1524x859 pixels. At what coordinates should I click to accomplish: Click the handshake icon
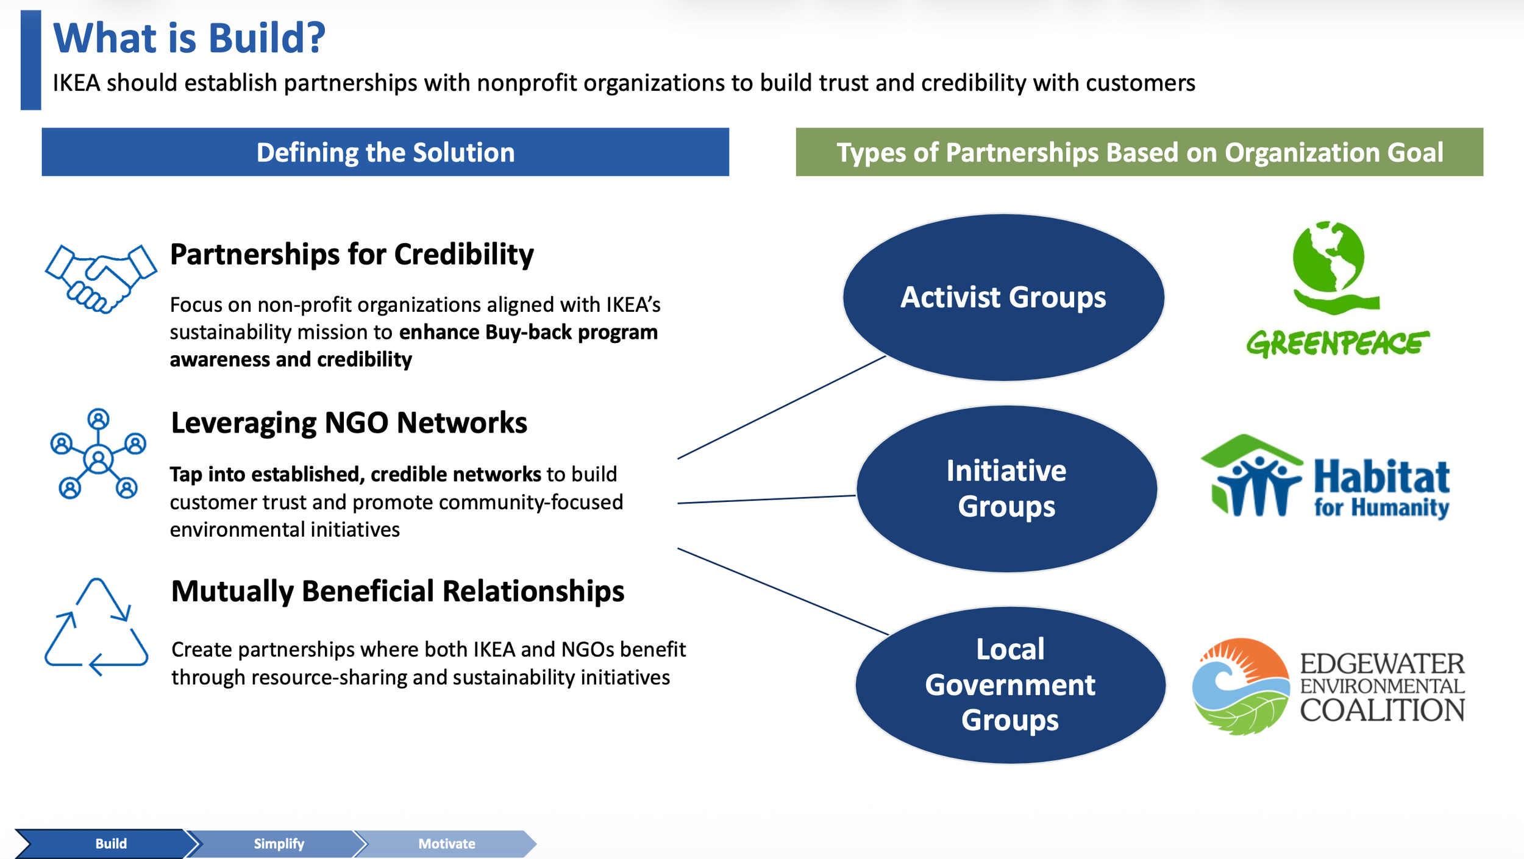(101, 279)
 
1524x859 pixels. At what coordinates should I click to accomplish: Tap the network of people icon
(98, 454)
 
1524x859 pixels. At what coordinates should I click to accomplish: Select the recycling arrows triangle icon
(96, 627)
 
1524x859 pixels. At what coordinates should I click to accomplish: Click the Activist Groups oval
(1003, 297)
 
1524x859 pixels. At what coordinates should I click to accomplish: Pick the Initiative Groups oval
(1006, 489)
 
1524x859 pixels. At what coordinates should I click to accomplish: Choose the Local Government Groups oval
(1010, 685)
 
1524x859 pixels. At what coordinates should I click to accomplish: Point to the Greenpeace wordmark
(1337, 344)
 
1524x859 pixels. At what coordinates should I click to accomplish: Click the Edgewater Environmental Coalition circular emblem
(1241, 686)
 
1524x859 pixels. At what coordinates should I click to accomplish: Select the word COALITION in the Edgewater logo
(1382, 710)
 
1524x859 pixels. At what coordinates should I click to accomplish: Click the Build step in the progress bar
(110, 844)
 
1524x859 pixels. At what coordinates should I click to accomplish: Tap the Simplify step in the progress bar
(278, 844)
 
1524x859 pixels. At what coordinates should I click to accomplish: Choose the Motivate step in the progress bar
(446, 844)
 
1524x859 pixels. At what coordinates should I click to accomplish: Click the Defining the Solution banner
(385, 152)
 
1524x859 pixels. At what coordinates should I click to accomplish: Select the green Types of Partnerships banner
(1139, 152)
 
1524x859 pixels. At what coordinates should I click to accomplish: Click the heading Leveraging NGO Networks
(349, 423)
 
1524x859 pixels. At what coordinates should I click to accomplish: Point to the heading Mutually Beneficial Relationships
(397, 592)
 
